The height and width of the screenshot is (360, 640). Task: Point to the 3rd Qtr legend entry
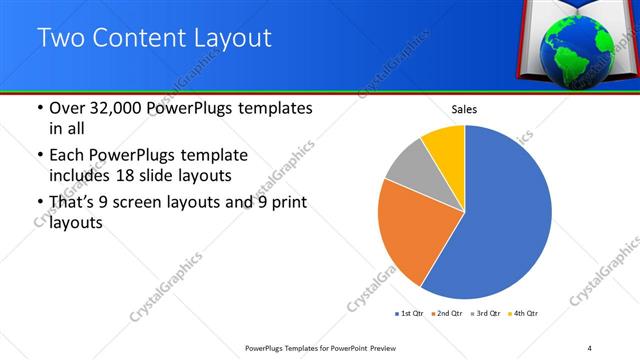pyautogui.click(x=484, y=314)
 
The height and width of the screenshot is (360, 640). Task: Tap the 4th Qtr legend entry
pyautogui.click(x=523, y=314)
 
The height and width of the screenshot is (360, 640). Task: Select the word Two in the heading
pyautogui.click(x=58, y=39)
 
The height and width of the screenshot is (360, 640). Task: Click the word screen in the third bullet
pyautogui.click(x=151, y=203)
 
